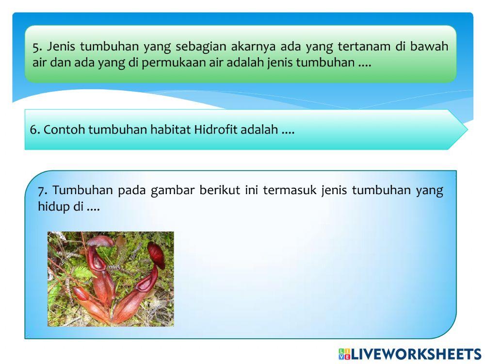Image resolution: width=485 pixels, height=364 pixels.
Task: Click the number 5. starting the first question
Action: pyautogui.click(x=37, y=47)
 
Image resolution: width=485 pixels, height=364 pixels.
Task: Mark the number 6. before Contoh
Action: pyautogui.click(x=35, y=130)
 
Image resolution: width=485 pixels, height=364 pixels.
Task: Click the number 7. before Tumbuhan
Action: pyautogui.click(x=42, y=190)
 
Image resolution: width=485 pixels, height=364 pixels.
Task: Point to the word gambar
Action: pyautogui.click(x=173, y=190)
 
